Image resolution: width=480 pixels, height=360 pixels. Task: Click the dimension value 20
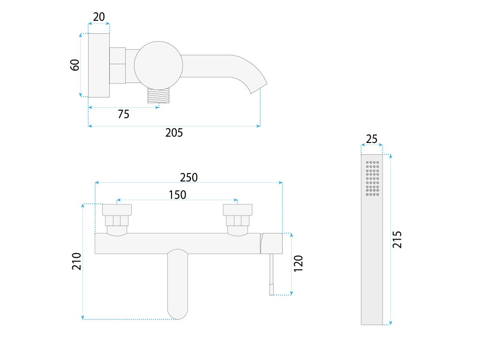pyautogui.click(x=99, y=17)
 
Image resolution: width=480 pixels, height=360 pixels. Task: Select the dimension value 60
pyautogui.click(x=75, y=65)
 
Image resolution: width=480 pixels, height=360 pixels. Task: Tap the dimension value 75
pyautogui.click(x=123, y=114)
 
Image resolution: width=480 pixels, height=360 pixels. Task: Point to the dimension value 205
pyautogui.click(x=174, y=133)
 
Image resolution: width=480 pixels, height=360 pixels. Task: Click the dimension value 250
pyautogui.click(x=189, y=177)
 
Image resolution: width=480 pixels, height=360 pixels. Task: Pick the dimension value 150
pyautogui.click(x=177, y=195)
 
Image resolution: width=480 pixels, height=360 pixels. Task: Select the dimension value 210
pyautogui.click(x=77, y=261)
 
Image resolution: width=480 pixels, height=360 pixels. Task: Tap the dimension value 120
pyautogui.click(x=299, y=263)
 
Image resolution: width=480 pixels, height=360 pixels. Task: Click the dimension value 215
pyautogui.click(x=397, y=240)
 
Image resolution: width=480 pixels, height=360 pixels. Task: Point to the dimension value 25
pyautogui.click(x=372, y=139)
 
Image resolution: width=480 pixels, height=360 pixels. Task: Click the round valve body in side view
pyautogui.click(x=158, y=65)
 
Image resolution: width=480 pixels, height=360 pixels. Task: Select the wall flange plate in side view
pyautogui.click(x=99, y=65)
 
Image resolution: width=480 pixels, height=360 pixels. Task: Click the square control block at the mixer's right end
pyautogui.click(x=272, y=243)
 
